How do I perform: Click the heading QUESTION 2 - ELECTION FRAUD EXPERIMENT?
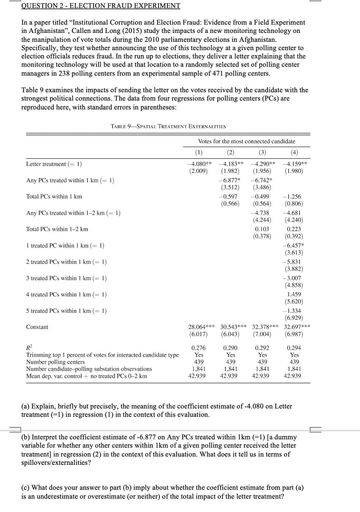tap(101, 6)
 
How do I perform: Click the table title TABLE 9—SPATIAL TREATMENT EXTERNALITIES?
tap(168, 127)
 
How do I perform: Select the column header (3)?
tap(262, 152)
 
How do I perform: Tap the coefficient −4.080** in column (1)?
tap(199, 164)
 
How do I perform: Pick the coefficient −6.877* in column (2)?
tap(230, 180)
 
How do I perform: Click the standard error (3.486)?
tap(262, 187)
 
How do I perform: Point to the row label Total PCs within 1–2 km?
tap(57, 229)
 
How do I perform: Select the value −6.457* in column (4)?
tap(294, 246)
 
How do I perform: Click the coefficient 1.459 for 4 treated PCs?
tap(294, 295)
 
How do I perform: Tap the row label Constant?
tap(37, 327)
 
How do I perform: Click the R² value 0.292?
tap(262, 348)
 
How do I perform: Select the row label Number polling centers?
tap(55, 362)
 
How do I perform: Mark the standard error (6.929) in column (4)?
tap(294, 318)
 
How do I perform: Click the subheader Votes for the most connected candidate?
tap(246, 141)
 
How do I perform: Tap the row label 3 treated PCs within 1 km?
tap(66, 278)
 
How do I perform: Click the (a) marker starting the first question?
tap(26, 406)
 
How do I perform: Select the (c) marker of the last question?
tap(26, 488)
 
